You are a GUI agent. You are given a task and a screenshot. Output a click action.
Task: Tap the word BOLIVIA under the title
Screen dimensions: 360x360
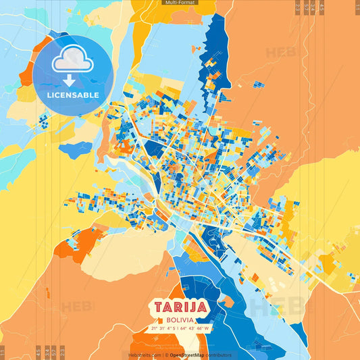(x=180, y=319)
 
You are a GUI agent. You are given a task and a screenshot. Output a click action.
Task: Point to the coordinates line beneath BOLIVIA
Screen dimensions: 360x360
(x=180, y=329)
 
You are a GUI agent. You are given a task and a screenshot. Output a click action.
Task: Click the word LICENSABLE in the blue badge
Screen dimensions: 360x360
(x=73, y=95)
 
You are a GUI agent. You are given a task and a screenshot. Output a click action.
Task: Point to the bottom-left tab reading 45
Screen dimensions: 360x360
(x=38, y=352)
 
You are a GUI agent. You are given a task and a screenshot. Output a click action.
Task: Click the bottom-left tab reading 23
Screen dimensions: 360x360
(x=61, y=352)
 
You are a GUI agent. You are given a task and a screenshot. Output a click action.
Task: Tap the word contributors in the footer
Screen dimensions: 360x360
(x=217, y=355)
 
